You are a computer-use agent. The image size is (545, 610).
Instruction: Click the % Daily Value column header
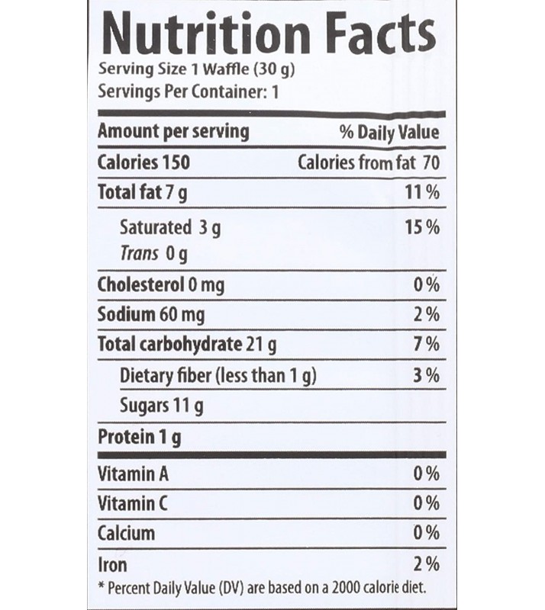point(389,132)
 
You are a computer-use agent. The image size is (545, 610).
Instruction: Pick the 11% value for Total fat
point(422,193)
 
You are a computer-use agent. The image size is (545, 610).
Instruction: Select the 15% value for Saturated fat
point(422,227)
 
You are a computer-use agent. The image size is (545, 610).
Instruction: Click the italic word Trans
point(140,253)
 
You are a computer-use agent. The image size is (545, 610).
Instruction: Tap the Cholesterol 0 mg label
point(161,285)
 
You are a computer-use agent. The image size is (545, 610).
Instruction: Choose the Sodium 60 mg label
point(151,314)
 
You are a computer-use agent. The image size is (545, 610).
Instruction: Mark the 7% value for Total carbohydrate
point(427,345)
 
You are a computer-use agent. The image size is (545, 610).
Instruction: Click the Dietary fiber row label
point(218,375)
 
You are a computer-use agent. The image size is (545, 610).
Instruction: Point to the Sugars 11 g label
point(162,406)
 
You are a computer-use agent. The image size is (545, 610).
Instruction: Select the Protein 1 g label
point(140,438)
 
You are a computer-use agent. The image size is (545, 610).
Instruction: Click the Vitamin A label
point(133,474)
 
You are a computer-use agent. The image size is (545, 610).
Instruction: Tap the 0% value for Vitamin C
point(426,504)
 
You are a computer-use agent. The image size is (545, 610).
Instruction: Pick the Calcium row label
point(127,533)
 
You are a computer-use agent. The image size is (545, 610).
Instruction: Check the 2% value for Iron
point(426,565)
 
